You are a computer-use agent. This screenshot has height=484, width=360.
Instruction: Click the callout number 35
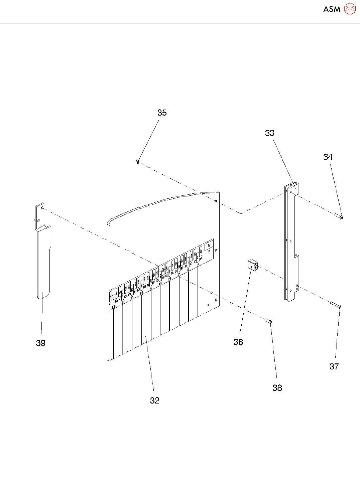pyautogui.click(x=162, y=113)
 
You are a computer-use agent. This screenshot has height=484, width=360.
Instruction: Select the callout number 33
pyautogui.click(x=270, y=133)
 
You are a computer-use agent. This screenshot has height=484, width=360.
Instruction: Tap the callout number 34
pyautogui.click(x=328, y=157)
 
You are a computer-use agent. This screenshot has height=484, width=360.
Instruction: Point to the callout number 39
pyautogui.click(x=41, y=343)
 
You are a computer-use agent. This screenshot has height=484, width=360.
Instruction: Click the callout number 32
pyautogui.click(x=155, y=400)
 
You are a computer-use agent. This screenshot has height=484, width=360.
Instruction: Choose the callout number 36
pyautogui.click(x=238, y=342)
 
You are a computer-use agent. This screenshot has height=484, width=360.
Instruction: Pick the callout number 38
pyautogui.click(x=277, y=388)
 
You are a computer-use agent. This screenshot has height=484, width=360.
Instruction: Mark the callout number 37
pyautogui.click(x=334, y=366)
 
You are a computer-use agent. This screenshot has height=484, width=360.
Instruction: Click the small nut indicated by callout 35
pyautogui.click(x=137, y=162)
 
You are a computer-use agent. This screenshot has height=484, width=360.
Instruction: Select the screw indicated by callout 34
pyautogui.click(x=339, y=216)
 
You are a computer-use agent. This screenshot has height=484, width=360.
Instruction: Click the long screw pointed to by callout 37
pyautogui.click(x=335, y=305)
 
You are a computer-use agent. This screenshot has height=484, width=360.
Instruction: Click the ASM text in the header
pyautogui.click(x=332, y=9)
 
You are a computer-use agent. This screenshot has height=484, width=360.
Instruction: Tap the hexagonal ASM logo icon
pyautogui.click(x=350, y=9)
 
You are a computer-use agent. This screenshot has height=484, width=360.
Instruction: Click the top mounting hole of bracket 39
pyautogui.click(x=42, y=207)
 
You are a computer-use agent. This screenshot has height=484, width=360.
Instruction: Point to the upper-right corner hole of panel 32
pyautogui.click(x=216, y=201)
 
